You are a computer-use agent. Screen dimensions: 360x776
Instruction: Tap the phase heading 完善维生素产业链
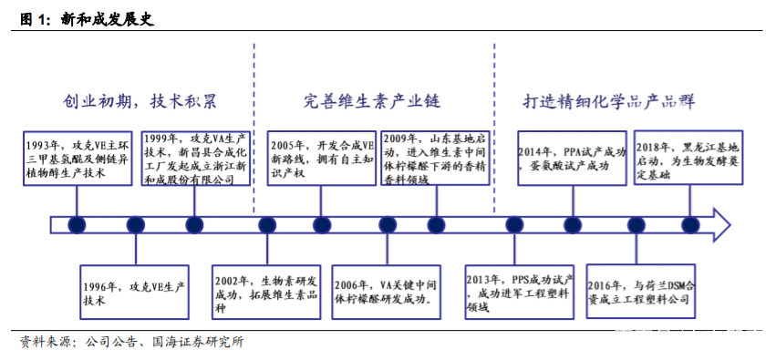378,101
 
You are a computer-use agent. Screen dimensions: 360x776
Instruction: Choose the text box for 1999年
194,159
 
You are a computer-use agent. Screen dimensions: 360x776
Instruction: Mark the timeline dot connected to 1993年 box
77,224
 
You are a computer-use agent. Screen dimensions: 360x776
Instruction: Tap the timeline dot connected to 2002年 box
266,224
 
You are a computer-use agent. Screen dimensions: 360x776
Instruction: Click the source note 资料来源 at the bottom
132,343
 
